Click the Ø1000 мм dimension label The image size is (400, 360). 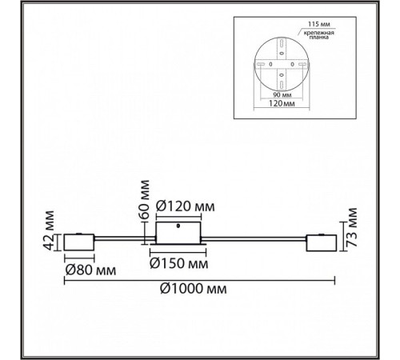pyautogui.click(x=194, y=289)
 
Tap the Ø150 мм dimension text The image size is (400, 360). pyautogui.click(x=179, y=263)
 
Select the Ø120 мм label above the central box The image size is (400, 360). pyautogui.click(x=186, y=206)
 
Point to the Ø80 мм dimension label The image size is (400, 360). pyautogui.click(x=90, y=270)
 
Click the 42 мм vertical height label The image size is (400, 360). pyautogui.click(x=49, y=230)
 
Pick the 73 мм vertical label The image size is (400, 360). pyautogui.click(x=351, y=227)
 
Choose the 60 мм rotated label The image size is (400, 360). pyautogui.click(x=144, y=199)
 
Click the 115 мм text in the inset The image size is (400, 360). pyautogui.click(x=319, y=24)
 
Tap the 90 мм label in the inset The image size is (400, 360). pyautogui.click(x=282, y=94)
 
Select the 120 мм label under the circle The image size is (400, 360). pyautogui.click(x=282, y=103)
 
